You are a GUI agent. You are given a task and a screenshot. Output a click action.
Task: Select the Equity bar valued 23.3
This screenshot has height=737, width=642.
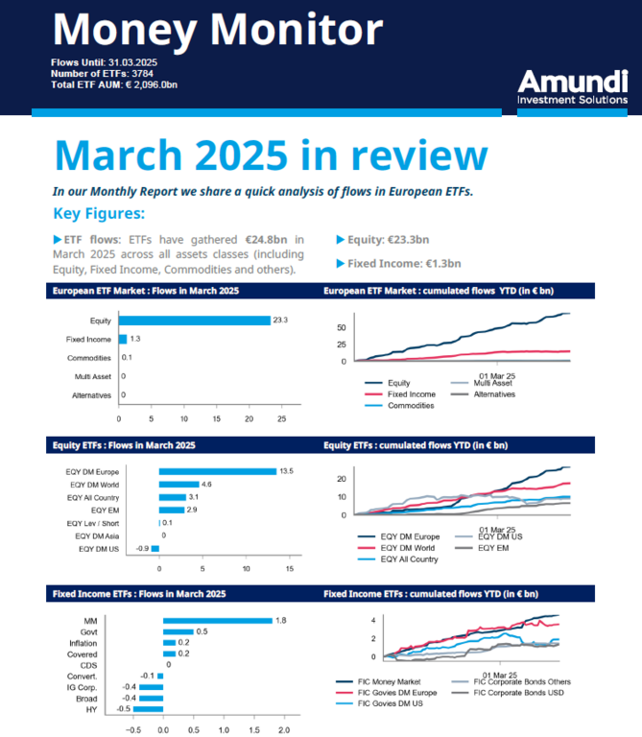(194, 320)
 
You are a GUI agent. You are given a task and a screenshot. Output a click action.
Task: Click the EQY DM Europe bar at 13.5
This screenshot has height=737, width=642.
(217, 471)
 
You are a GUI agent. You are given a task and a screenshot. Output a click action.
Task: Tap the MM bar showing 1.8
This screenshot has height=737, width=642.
(217, 620)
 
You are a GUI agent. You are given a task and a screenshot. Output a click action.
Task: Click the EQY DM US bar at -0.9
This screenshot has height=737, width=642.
(155, 548)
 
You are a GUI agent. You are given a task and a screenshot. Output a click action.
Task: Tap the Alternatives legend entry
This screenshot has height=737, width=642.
(493, 394)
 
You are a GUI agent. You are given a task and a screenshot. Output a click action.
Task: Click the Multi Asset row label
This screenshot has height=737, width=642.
(89, 376)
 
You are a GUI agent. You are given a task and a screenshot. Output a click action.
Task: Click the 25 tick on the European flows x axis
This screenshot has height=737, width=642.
(282, 418)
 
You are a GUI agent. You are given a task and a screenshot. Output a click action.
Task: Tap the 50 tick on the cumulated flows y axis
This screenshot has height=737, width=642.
(342, 327)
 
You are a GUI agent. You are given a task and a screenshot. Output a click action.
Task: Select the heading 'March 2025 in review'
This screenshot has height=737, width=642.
(271, 155)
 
